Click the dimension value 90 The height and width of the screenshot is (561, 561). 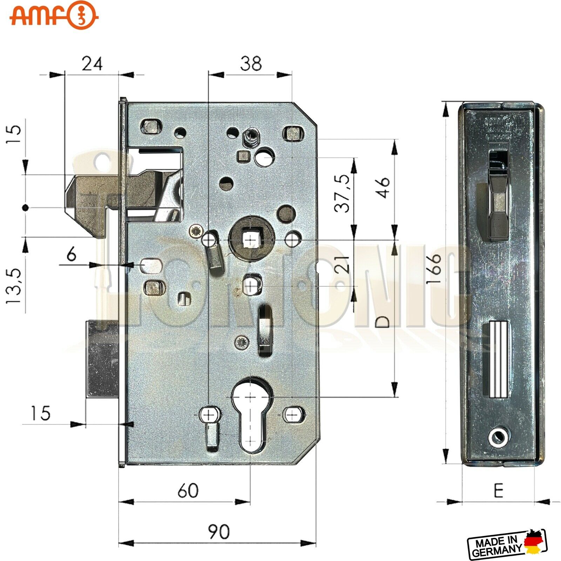coord(219,532)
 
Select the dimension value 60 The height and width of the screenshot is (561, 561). coord(188,491)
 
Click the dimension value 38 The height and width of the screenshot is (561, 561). coord(251,64)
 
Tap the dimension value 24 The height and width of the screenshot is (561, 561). coord(92,64)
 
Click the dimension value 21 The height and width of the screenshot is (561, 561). coord(344,264)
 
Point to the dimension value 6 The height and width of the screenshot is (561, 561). coord(72,254)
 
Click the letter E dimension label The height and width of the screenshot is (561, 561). coord(498,491)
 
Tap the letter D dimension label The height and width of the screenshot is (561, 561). coord(384,322)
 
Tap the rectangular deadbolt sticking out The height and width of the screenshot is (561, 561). coord(102,359)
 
